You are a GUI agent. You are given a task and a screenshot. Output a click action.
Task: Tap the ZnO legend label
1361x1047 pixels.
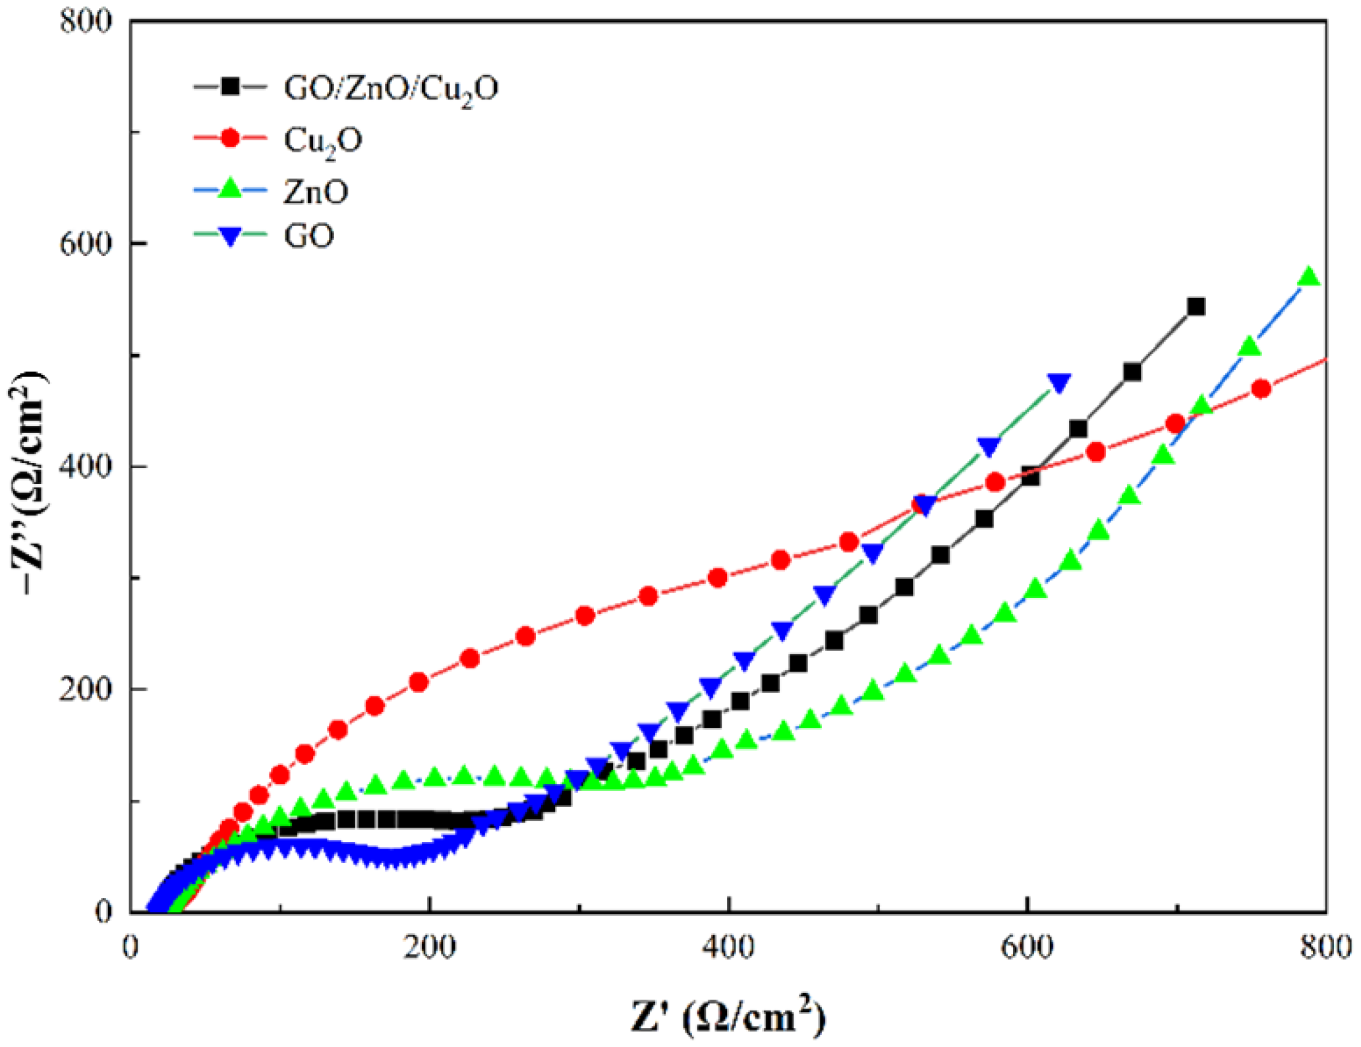[316, 192]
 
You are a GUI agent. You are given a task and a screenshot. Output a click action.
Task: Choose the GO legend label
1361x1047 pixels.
[308, 236]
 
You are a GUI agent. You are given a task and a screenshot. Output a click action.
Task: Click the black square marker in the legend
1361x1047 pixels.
[230, 86]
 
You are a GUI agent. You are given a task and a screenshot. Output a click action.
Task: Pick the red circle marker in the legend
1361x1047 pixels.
[230, 138]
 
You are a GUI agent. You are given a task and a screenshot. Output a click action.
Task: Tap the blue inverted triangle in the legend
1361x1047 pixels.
[230, 236]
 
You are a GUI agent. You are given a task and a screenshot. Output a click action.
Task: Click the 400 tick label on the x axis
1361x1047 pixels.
[728, 947]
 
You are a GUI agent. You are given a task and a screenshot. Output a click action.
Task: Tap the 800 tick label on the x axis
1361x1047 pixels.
[1325, 947]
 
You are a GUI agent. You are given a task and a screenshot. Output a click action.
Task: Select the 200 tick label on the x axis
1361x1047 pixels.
[430, 947]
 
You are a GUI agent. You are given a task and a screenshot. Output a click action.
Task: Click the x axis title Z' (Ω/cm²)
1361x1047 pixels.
[728, 1016]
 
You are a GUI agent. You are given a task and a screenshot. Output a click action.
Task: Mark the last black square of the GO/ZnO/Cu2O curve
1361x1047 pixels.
[1196, 307]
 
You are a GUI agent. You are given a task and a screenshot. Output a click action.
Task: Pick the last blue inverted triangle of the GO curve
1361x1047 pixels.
[1058, 383]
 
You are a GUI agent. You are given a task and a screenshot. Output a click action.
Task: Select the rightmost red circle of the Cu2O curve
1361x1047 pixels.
[1261, 389]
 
